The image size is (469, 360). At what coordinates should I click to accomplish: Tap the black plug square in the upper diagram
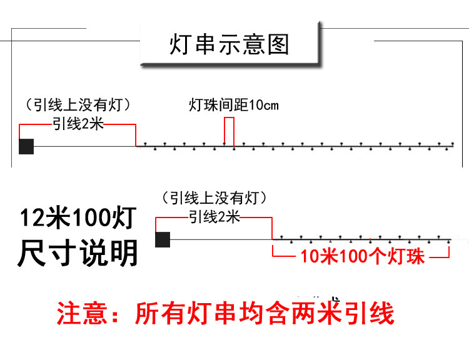click(26, 146)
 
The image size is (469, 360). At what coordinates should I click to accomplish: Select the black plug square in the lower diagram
click(163, 239)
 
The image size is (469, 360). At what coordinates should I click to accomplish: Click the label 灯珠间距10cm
click(234, 105)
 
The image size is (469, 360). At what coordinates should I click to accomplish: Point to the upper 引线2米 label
click(78, 124)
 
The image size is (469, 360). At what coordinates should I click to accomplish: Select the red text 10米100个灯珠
click(362, 256)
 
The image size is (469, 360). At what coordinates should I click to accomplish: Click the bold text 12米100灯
click(78, 219)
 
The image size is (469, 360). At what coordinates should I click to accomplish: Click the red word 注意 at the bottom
click(79, 313)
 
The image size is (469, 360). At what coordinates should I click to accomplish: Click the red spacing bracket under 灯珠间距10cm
click(229, 131)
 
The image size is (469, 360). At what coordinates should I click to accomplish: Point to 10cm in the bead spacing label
click(264, 105)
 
